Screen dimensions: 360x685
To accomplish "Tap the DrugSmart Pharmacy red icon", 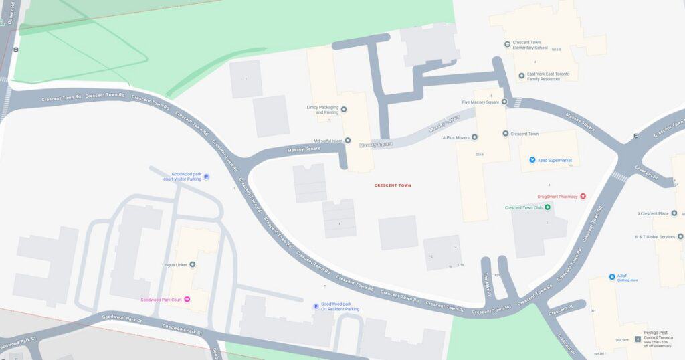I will pyautogui.click(x=583, y=197).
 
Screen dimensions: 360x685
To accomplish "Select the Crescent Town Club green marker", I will pyautogui.click(x=547, y=207).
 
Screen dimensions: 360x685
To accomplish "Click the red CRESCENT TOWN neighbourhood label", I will pyautogui.click(x=393, y=185).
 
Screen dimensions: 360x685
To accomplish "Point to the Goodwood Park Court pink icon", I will pyautogui.click(x=187, y=299).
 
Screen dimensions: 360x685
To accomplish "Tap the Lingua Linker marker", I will pyautogui.click(x=193, y=265).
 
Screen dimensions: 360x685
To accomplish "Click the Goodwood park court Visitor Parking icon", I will pyautogui.click(x=206, y=177).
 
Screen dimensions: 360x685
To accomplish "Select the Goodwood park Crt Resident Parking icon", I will pyautogui.click(x=316, y=306).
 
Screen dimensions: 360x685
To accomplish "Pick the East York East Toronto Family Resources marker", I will pyautogui.click(x=522, y=76).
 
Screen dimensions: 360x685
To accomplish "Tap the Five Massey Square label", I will pyautogui.click(x=481, y=102).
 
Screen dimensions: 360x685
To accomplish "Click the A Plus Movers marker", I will pyautogui.click(x=474, y=137).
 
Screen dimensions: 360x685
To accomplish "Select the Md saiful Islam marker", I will pyautogui.click(x=347, y=141).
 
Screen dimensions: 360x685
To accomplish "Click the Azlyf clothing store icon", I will pyautogui.click(x=612, y=276).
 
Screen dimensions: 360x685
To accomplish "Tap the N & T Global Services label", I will pyautogui.click(x=655, y=236).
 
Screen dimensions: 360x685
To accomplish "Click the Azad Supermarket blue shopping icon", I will pyautogui.click(x=532, y=160).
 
